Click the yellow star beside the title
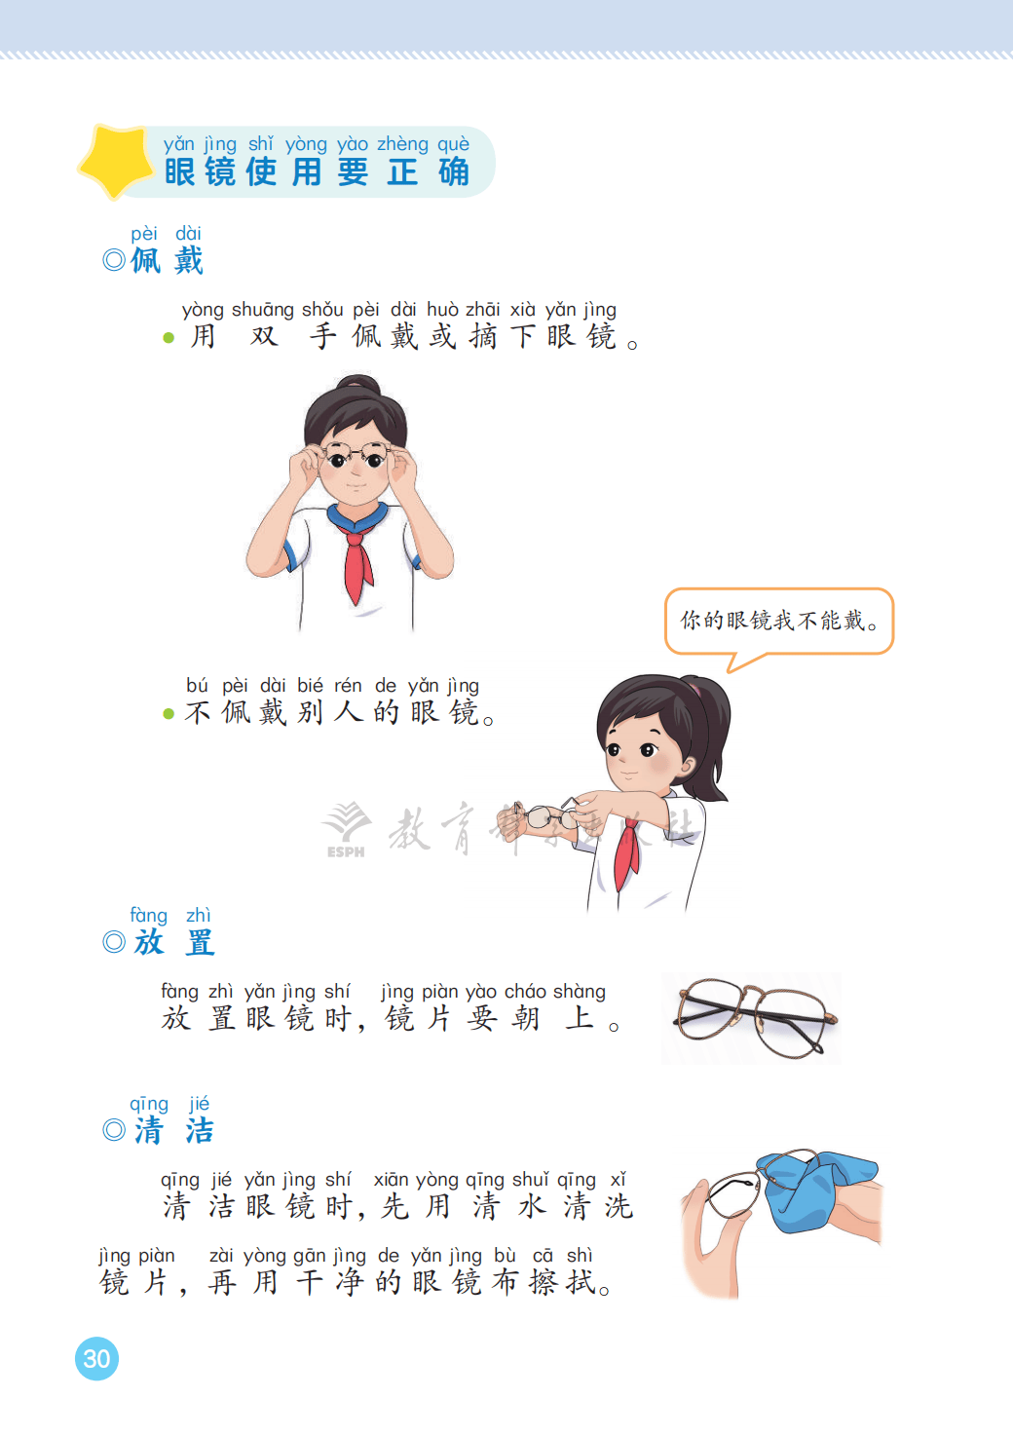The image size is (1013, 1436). click(x=116, y=161)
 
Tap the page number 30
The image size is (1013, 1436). click(x=96, y=1358)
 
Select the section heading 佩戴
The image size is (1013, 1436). click(x=167, y=260)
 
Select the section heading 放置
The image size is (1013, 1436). click(x=174, y=942)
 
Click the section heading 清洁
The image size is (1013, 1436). click(x=173, y=1130)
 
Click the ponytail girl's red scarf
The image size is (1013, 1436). click(x=627, y=853)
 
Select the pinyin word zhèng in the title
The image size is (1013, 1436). click(x=402, y=144)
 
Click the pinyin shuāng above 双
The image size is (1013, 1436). click(x=262, y=310)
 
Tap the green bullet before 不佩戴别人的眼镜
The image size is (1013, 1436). click(x=169, y=713)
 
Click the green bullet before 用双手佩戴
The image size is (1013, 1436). click(x=169, y=338)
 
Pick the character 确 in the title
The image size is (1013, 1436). click(x=454, y=171)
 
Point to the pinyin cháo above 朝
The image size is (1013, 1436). click(x=525, y=992)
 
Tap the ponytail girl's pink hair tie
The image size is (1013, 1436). click(x=694, y=689)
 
